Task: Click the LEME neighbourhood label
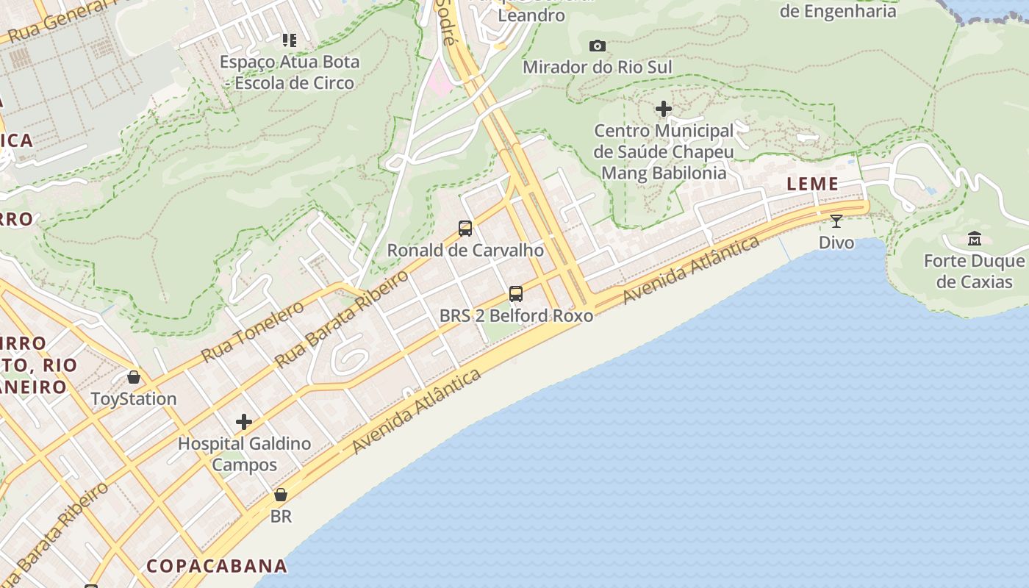pyautogui.click(x=812, y=184)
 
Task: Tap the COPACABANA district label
pyautogui.click(x=217, y=566)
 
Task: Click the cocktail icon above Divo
pyautogui.click(x=836, y=220)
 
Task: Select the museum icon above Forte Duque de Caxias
pyautogui.click(x=975, y=239)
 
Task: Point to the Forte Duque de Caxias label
pyautogui.click(x=974, y=271)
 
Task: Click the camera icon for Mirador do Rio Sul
pyautogui.click(x=598, y=46)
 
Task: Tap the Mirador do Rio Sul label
pyautogui.click(x=597, y=68)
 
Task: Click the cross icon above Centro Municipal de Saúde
pyautogui.click(x=663, y=110)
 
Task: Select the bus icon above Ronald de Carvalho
pyautogui.click(x=465, y=229)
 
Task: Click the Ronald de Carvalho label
pyautogui.click(x=465, y=250)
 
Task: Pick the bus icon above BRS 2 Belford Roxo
pyautogui.click(x=516, y=294)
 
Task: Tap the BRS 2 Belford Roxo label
pyautogui.click(x=516, y=316)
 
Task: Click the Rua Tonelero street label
pyautogui.click(x=252, y=331)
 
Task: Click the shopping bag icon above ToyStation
pyautogui.click(x=134, y=377)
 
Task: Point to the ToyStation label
pyautogui.click(x=134, y=399)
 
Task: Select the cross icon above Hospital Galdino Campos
pyautogui.click(x=244, y=422)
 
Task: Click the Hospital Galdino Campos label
pyautogui.click(x=244, y=454)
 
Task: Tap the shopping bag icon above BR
pyautogui.click(x=280, y=495)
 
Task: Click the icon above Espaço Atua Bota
pyautogui.click(x=289, y=40)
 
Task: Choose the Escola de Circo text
pyautogui.click(x=294, y=83)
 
